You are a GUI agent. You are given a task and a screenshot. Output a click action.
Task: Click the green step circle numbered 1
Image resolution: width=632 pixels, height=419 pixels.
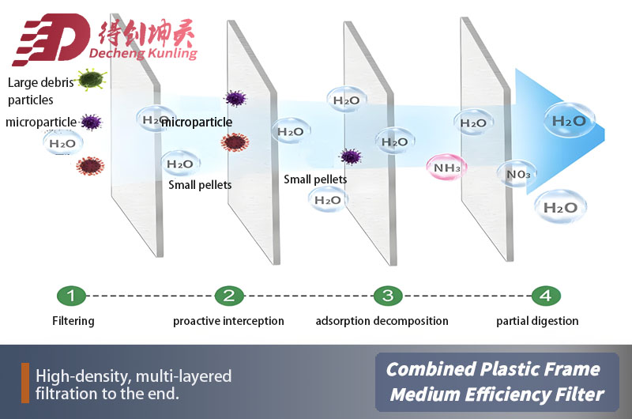pos(70,296)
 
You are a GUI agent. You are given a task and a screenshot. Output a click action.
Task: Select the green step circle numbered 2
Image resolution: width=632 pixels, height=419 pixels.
pos(228,296)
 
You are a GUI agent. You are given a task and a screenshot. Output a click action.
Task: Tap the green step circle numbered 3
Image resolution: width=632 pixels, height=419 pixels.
pos(387,296)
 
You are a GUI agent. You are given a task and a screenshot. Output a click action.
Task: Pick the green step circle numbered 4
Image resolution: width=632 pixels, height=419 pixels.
pos(545,296)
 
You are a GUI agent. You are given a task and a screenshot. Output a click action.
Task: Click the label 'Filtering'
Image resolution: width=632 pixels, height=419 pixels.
pos(73,321)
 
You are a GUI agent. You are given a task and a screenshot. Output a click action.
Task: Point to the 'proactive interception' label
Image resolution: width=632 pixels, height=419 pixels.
pos(228,321)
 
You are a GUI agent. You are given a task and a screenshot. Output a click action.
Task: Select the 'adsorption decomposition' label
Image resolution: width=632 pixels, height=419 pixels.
pos(382,321)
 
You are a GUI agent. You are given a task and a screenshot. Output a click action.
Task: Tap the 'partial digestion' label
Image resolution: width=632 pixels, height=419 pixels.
pos(537,321)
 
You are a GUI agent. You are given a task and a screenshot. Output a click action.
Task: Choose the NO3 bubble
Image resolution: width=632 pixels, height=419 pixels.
pos(518,174)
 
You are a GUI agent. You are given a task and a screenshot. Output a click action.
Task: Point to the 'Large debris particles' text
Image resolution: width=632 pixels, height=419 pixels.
pos(39,91)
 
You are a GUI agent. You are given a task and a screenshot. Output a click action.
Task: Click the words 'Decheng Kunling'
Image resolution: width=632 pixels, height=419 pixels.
pos(148,55)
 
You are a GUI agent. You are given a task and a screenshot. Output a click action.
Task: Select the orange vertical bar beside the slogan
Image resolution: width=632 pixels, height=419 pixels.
pos(25,383)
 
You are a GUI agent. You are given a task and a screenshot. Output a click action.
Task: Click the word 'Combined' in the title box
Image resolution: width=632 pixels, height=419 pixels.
pos(427,369)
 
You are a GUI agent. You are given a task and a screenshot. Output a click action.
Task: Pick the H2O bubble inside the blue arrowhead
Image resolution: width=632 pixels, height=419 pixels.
pos(568,121)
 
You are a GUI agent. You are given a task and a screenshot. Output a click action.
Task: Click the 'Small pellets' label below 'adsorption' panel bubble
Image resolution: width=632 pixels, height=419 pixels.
pos(315,179)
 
